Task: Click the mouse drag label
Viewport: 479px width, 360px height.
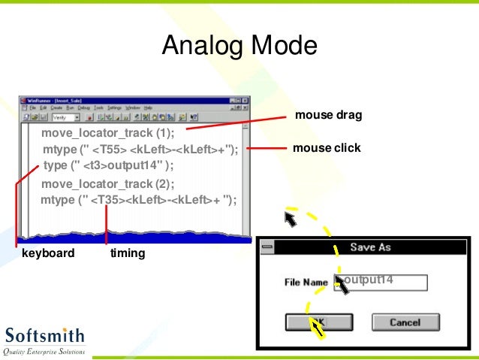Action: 328,115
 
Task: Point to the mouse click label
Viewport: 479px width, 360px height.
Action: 327,148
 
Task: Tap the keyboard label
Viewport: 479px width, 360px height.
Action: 48,253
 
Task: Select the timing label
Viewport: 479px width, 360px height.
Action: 128,253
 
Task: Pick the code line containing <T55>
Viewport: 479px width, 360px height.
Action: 140,150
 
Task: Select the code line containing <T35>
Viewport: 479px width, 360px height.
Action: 138,200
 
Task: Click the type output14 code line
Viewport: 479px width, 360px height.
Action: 108,165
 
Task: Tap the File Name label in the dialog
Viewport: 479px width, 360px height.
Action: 306,283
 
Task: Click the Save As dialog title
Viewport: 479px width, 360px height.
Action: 370,247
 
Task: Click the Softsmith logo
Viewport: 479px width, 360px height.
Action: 44,340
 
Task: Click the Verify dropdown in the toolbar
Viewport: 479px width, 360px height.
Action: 63,117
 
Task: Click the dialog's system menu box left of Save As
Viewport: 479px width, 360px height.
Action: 267,247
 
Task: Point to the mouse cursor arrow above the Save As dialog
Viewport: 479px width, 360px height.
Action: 289,219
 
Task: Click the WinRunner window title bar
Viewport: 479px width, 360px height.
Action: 113,100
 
